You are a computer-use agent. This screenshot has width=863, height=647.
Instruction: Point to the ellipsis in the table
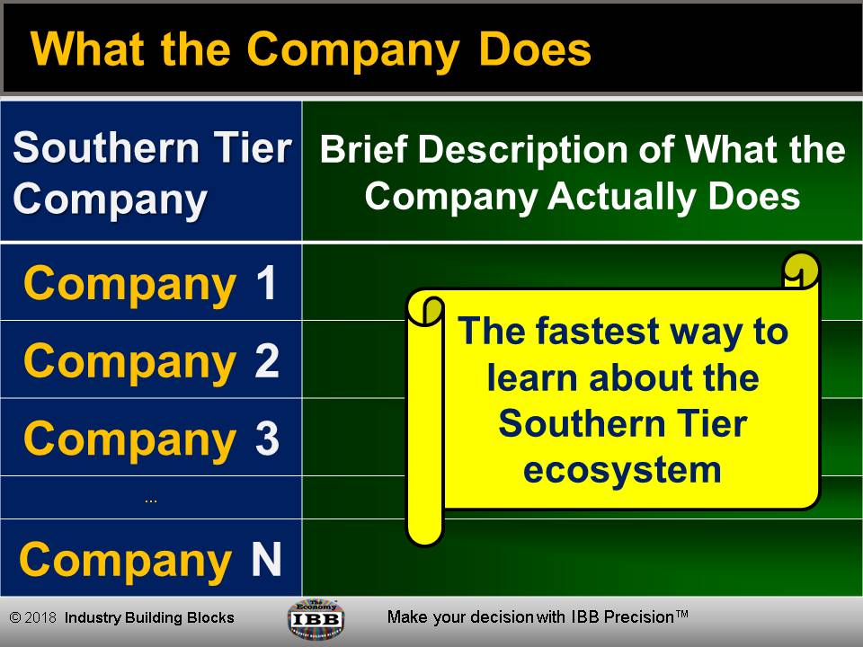pos(151,499)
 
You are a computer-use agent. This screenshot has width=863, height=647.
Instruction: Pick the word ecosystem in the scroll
pos(623,469)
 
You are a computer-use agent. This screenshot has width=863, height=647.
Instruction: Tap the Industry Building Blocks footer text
pos(149,618)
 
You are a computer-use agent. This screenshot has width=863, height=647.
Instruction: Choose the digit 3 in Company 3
pos(267,439)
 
